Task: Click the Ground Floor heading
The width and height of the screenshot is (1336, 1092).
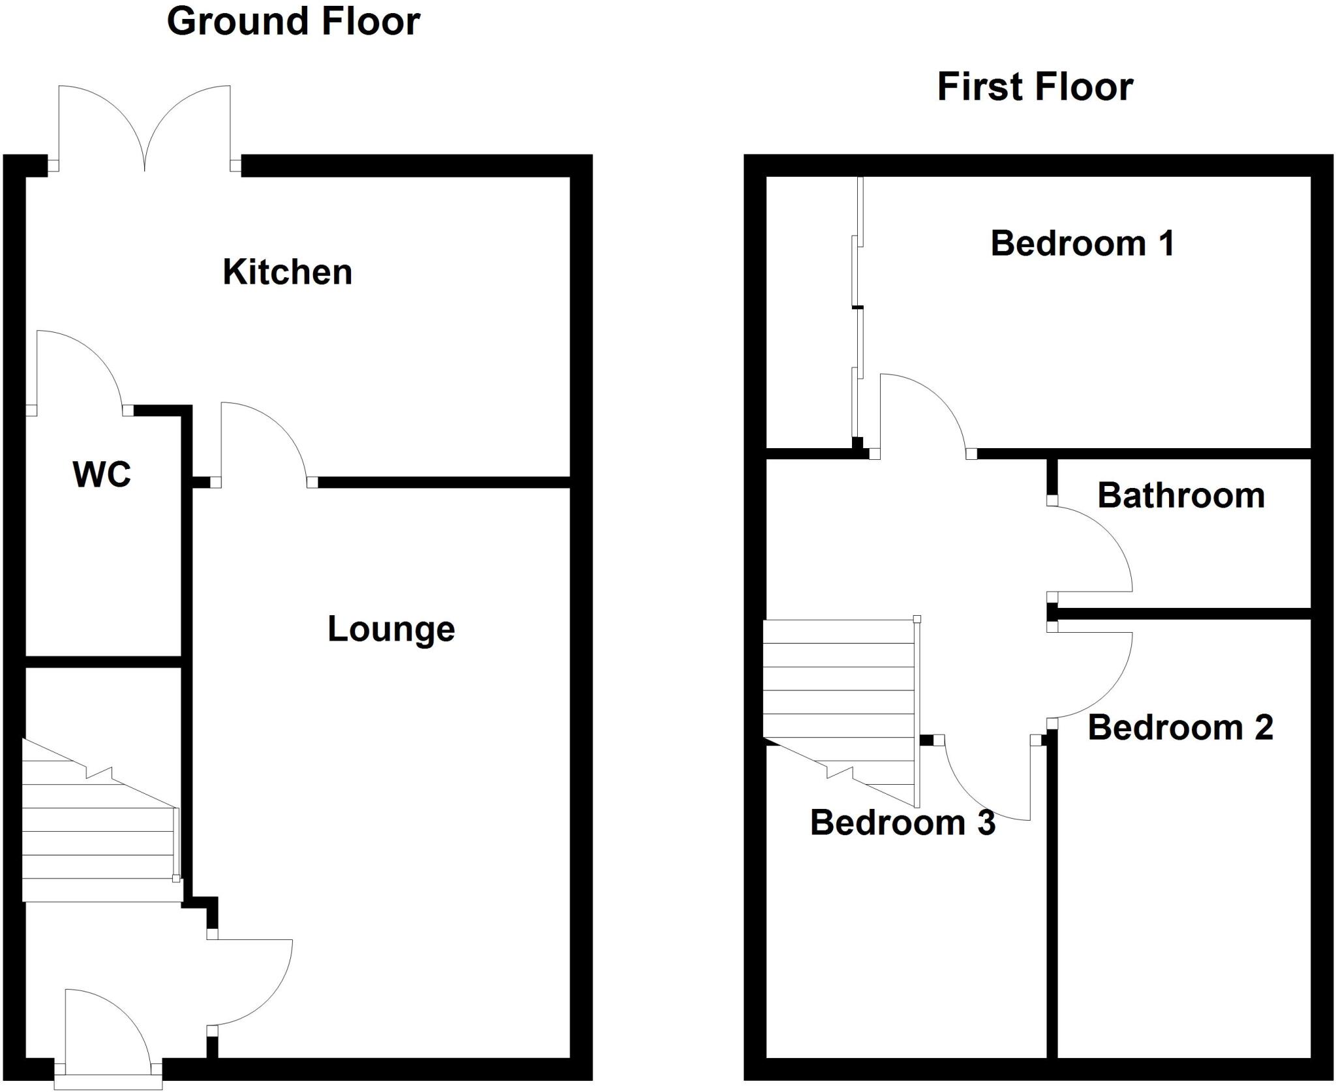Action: (294, 22)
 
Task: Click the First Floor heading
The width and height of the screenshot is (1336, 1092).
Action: (1035, 87)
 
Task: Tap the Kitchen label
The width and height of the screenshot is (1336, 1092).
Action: (287, 272)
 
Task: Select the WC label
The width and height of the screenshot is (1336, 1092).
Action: (102, 474)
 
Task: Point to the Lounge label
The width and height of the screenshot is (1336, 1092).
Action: (391, 629)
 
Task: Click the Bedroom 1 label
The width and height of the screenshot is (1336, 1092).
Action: (1082, 244)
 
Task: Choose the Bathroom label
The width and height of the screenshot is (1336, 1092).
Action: (1181, 495)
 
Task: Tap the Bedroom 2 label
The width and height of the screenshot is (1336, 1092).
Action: (1180, 727)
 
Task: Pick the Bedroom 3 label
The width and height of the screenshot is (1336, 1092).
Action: (902, 823)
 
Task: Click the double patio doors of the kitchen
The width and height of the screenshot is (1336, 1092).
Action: (144, 127)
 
